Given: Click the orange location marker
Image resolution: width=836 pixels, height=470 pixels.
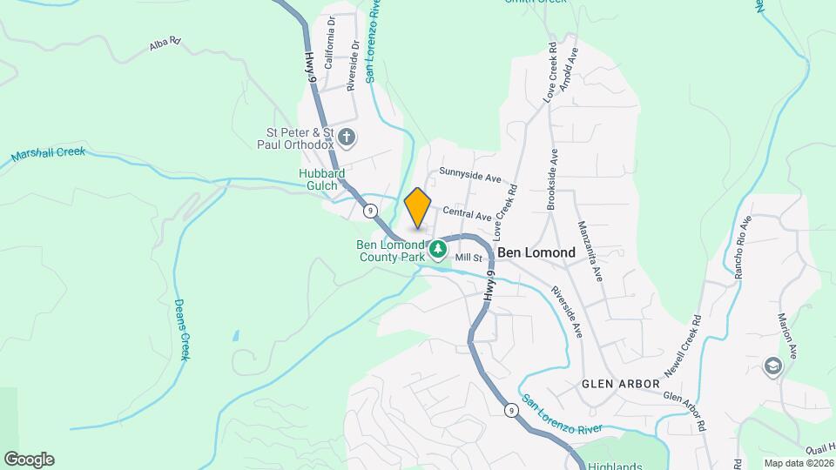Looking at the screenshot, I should (x=418, y=208).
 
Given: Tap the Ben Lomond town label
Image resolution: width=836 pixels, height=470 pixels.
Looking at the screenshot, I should (x=536, y=252).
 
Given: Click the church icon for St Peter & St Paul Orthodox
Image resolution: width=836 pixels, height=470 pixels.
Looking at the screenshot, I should (x=347, y=137).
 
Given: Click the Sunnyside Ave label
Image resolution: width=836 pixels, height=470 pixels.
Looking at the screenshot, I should (x=470, y=174).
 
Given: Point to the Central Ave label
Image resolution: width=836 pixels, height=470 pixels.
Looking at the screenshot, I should (x=468, y=213).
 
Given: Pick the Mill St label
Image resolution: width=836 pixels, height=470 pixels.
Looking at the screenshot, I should (x=469, y=258).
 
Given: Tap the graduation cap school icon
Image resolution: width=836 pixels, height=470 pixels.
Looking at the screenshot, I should (x=772, y=366).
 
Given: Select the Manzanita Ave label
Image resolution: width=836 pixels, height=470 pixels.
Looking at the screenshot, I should (x=590, y=251).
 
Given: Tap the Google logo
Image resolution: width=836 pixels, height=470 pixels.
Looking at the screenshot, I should (x=29, y=460).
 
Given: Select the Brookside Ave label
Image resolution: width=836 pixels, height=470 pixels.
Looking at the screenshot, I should (x=551, y=179).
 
